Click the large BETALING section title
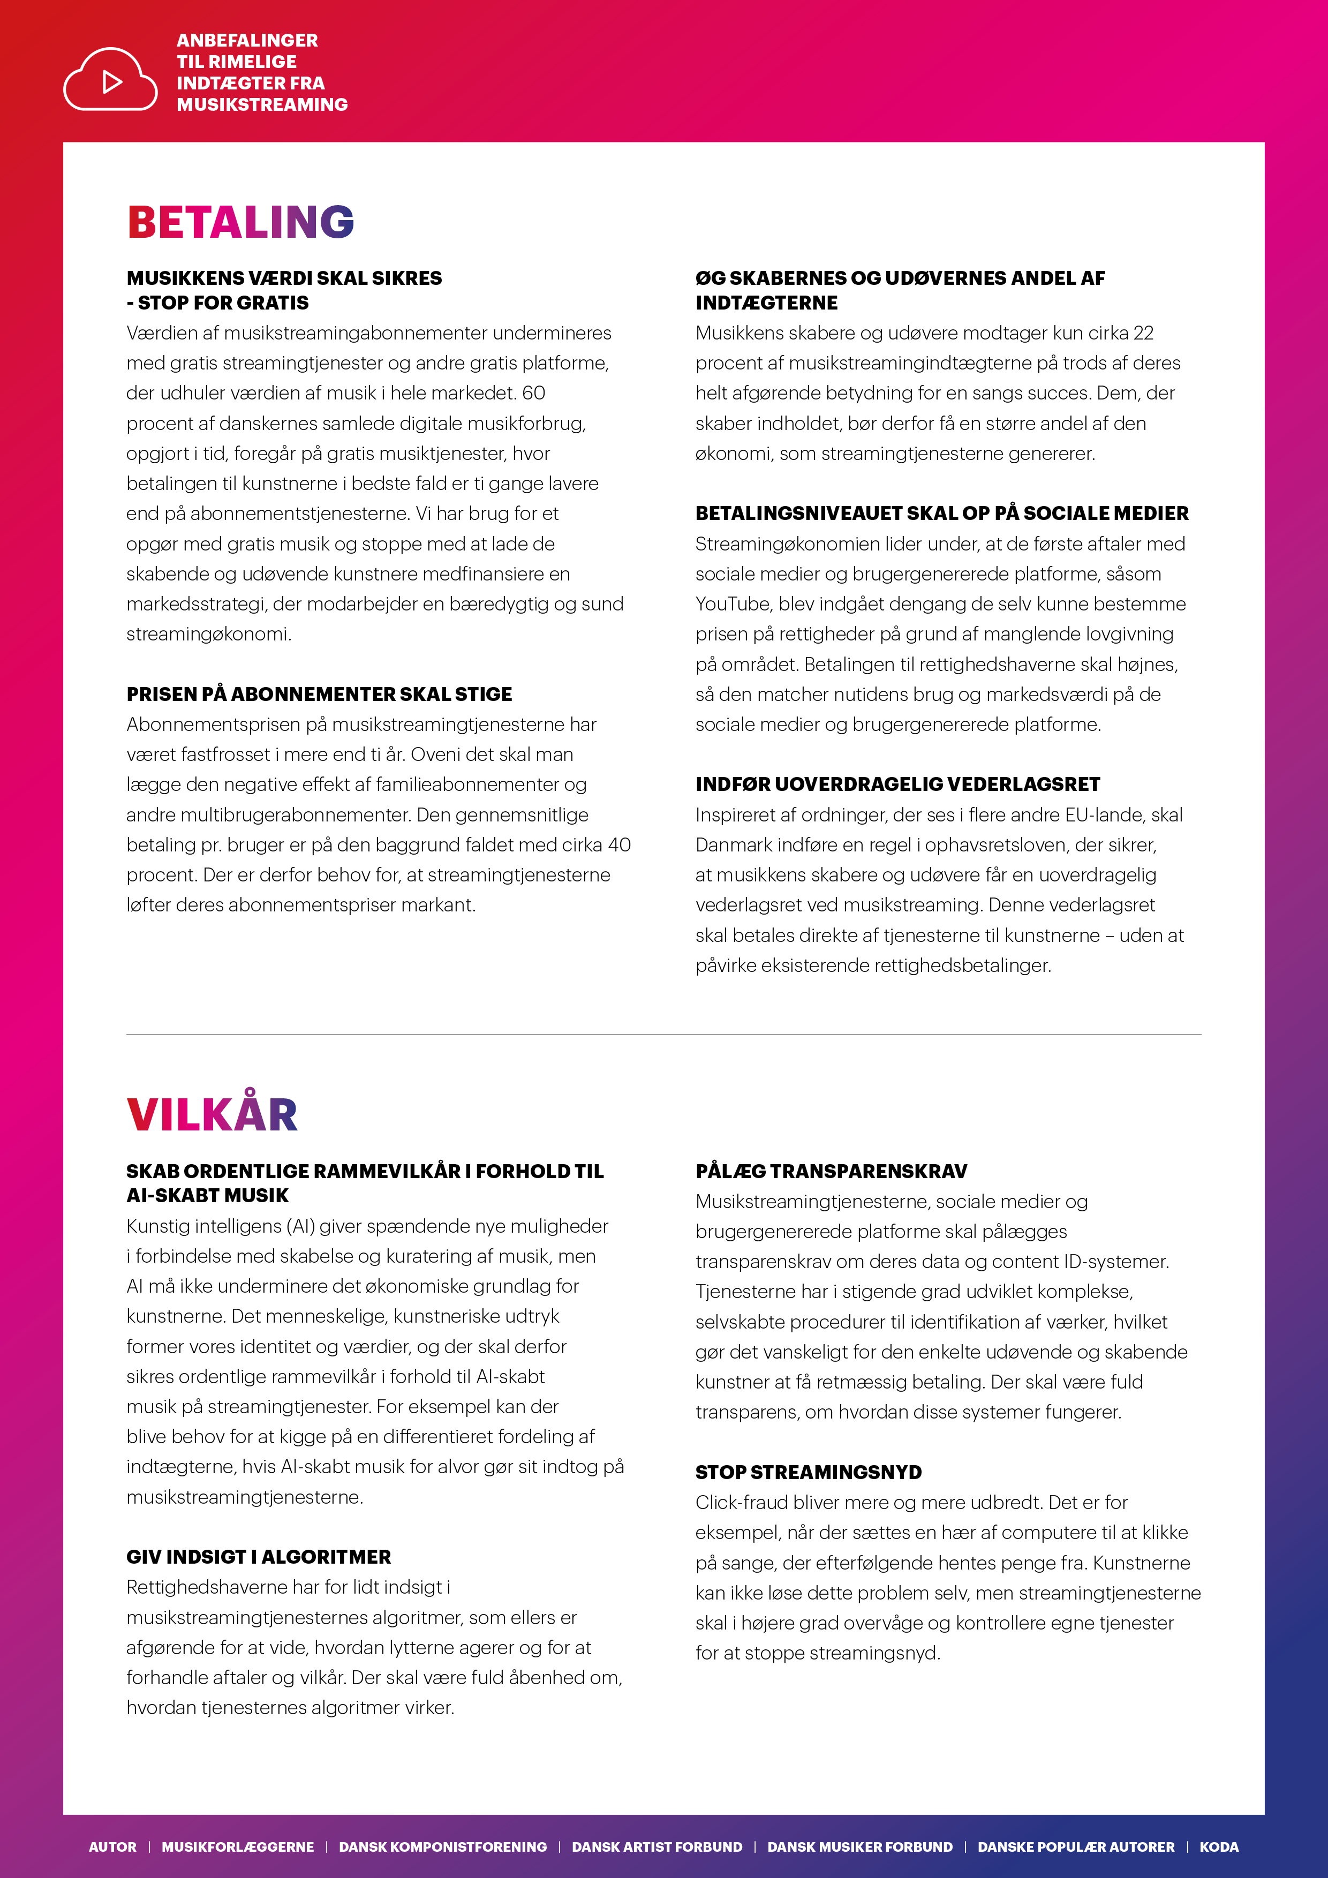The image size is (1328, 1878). click(240, 222)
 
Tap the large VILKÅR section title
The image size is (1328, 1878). click(212, 1114)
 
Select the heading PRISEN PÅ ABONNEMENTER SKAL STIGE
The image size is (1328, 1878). click(319, 695)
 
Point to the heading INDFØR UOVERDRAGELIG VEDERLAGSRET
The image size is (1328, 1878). click(897, 785)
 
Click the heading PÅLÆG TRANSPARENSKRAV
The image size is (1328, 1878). click(831, 1171)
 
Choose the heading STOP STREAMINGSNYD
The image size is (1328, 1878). click(808, 1472)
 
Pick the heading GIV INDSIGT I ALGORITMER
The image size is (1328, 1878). click(259, 1557)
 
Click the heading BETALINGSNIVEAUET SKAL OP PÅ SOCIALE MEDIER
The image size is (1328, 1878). click(941, 514)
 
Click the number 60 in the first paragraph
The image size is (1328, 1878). click(533, 394)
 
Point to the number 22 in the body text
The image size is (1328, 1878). click(1143, 334)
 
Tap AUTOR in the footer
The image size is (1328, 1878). click(113, 1847)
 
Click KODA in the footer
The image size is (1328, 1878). click(1218, 1847)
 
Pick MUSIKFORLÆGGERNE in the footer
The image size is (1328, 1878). click(237, 1847)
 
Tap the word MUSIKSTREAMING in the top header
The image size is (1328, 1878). click(262, 105)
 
